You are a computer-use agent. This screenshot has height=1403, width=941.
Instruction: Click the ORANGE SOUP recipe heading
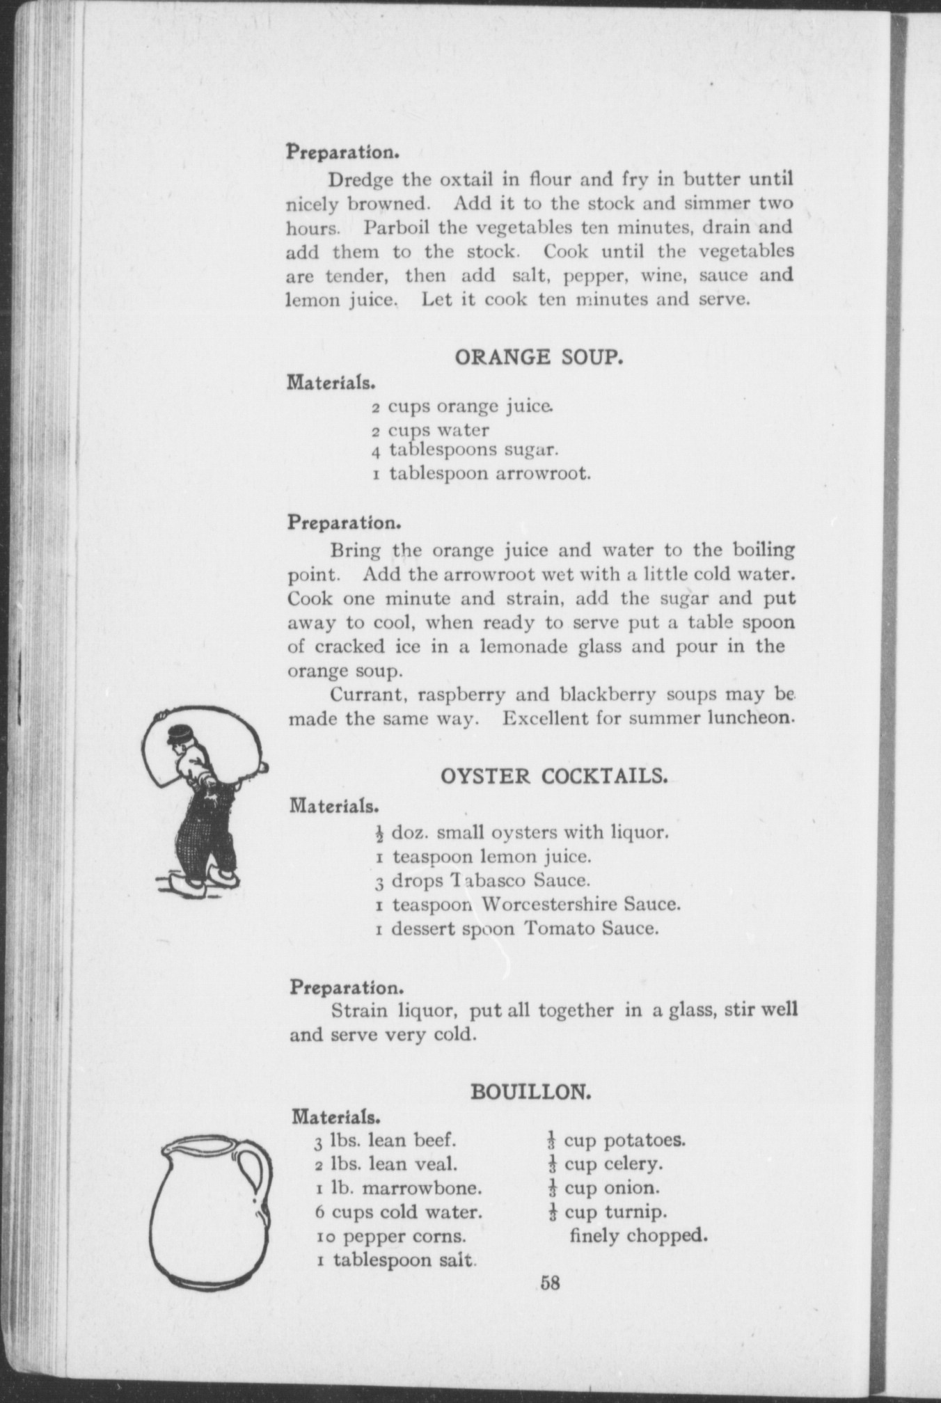537,358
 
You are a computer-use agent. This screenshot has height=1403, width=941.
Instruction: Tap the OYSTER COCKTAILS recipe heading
555,777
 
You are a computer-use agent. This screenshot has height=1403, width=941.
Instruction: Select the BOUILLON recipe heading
531,1092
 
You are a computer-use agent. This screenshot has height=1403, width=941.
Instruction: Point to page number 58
549,1283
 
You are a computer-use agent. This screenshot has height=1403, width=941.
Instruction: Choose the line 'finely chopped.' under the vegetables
638,1236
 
